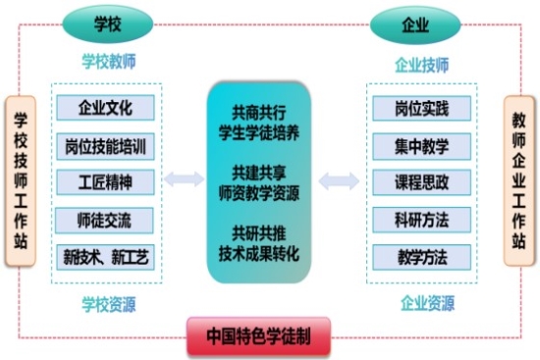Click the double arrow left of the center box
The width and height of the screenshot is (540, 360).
[x=184, y=180]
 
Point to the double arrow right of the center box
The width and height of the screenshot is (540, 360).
[x=340, y=180]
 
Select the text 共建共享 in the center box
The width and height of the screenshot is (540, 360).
[x=258, y=173]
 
